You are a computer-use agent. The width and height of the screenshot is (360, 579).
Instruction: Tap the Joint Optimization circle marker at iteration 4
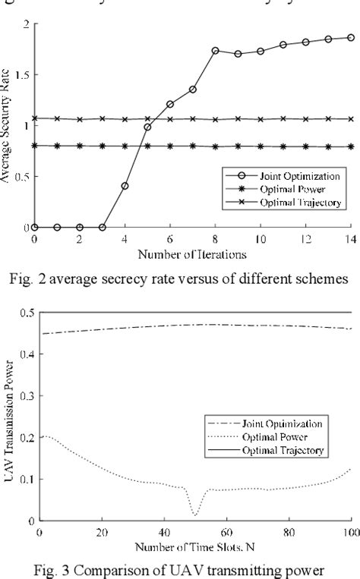coord(125,185)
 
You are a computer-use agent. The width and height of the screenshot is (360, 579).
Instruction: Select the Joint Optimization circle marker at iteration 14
coord(351,37)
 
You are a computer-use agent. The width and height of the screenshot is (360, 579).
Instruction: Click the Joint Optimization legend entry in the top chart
coord(296,175)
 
